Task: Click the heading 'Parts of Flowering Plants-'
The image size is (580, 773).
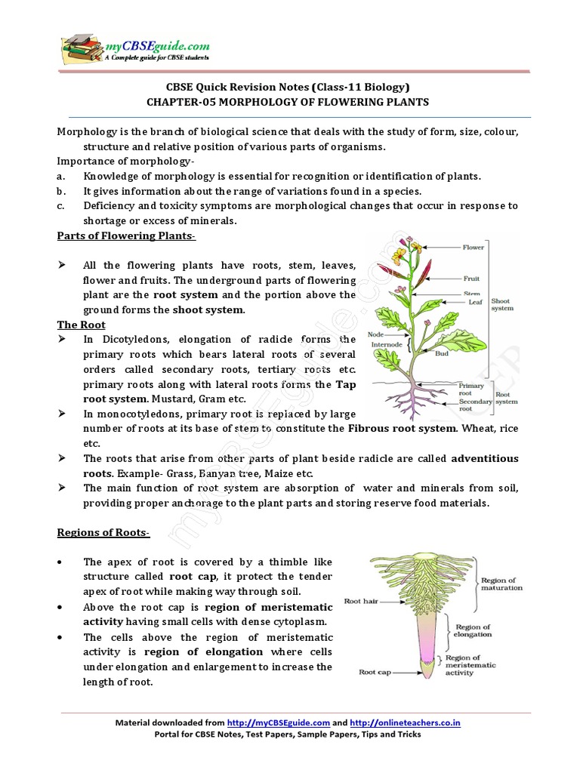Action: pos(126,236)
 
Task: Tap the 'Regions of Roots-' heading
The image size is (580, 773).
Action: pos(103,533)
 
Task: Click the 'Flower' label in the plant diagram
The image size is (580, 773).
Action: pos(474,247)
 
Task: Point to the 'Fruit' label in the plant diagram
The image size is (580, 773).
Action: pos(472,278)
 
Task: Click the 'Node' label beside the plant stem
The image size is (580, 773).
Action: pos(376,334)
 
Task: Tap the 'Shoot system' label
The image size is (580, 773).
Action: pos(504,304)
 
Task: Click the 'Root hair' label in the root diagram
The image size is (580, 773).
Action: pos(362,602)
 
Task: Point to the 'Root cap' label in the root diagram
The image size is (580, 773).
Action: pos(375,671)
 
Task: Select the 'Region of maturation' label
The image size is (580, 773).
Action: pos(501,584)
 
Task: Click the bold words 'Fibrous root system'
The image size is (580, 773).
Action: pos(402,429)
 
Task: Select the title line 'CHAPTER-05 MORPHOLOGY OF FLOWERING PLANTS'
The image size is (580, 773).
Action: pos(287,102)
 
